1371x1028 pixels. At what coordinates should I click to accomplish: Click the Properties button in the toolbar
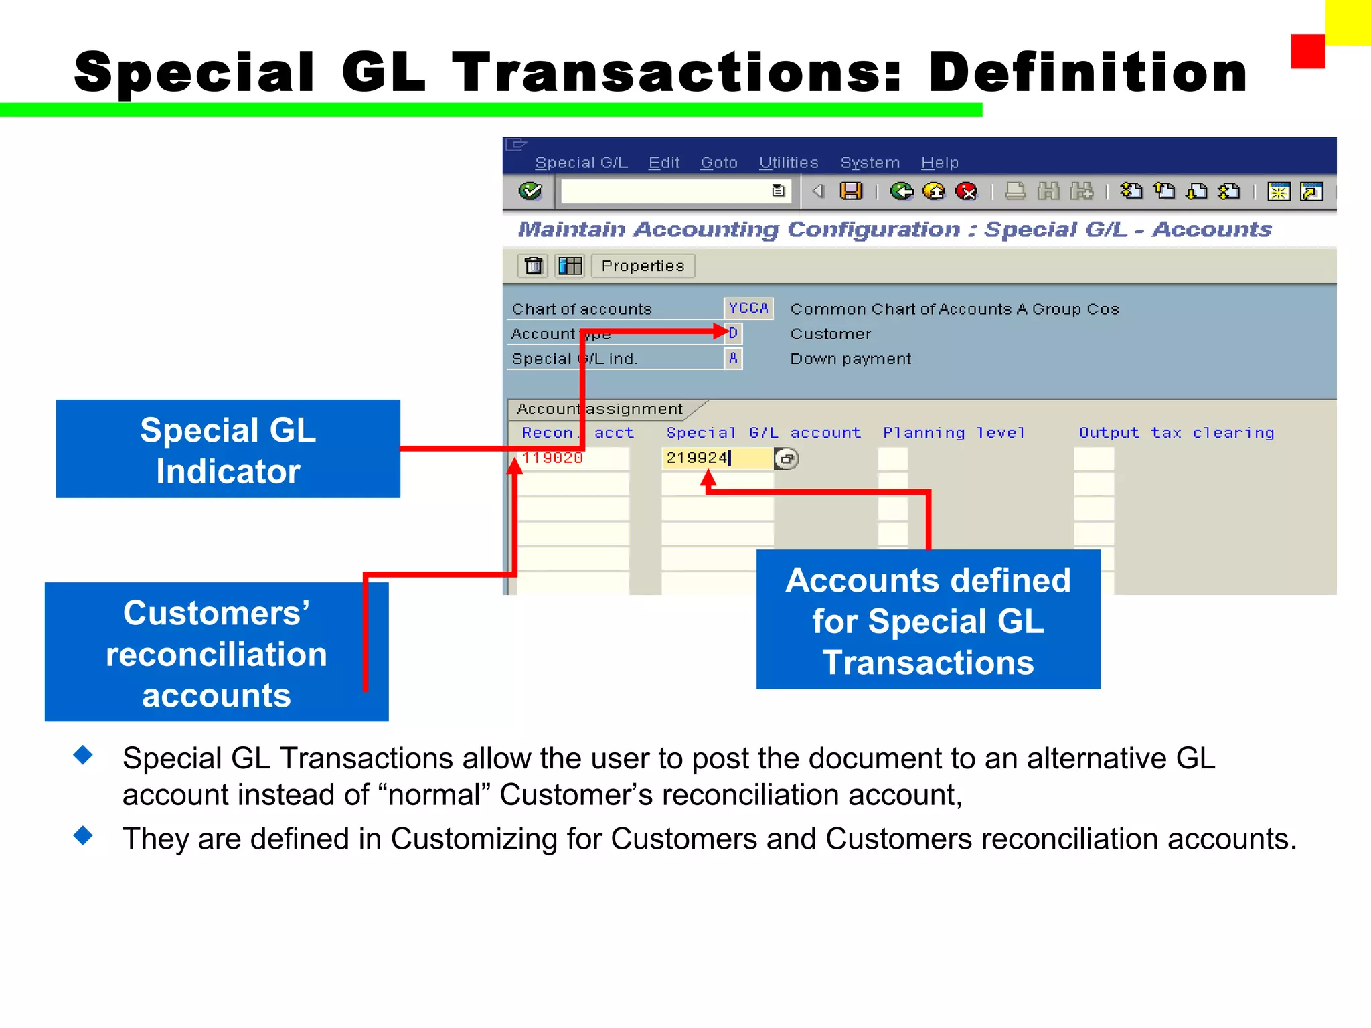coord(643,266)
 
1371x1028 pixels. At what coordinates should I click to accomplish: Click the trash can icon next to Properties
coord(534,266)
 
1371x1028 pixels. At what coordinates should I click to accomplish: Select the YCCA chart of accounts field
coord(748,308)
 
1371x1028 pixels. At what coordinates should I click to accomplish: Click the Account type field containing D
coord(734,333)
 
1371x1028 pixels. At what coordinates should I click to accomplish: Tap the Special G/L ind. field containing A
coord(734,359)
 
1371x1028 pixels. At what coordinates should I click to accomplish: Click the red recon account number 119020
coord(553,458)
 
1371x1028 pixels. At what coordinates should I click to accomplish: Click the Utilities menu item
coord(789,163)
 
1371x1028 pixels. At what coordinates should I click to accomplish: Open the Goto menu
coord(719,163)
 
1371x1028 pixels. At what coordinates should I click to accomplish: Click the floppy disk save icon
coord(852,191)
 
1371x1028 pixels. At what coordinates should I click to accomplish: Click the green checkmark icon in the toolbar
coord(530,191)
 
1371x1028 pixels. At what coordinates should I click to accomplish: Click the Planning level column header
coord(954,433)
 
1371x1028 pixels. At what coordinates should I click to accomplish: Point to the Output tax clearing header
coord(1176,433)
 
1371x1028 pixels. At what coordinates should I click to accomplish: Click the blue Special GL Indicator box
coord(228,449)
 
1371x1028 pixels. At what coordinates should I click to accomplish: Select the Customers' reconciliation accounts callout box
coord(216,653)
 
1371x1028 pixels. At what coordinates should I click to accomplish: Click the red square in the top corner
coord(1307,52)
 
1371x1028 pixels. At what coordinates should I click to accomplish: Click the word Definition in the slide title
coord(1088,72)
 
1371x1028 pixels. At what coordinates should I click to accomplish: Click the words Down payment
coord(850,359)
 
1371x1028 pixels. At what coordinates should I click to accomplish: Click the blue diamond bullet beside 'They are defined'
coord(84,835)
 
